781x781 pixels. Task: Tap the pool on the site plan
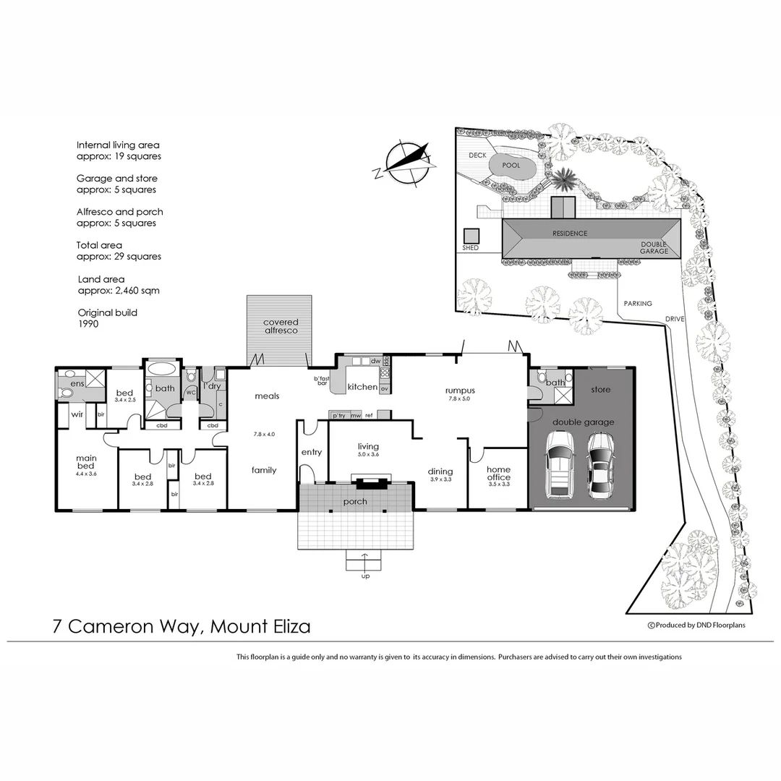511,167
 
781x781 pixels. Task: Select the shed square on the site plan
471,236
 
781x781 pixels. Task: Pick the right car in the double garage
599,466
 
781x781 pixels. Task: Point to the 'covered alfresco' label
281,326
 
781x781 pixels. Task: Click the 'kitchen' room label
362,387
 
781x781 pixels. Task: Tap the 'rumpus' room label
460,391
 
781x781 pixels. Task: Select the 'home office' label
498,473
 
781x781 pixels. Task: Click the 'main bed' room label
87,461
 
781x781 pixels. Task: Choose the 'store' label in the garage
600,390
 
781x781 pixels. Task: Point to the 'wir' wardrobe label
77,414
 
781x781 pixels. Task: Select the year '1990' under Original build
88,324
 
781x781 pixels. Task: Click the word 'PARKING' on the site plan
638,304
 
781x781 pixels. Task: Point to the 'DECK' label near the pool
477,155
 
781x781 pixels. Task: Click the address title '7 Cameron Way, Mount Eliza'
182,626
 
